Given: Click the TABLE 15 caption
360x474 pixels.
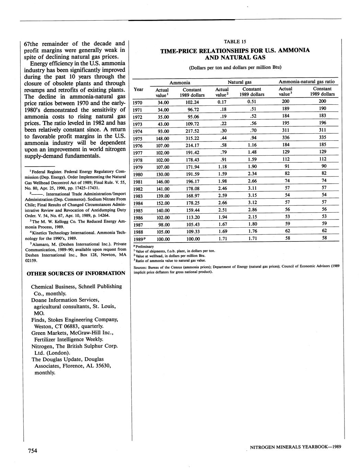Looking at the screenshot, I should click(235, 42).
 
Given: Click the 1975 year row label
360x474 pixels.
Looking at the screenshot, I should click(138, 139).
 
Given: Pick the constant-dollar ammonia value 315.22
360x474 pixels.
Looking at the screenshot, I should click(192, 139).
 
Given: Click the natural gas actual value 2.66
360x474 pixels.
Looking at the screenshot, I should click(222, 202).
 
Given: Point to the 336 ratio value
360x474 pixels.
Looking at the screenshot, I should click(286, 137).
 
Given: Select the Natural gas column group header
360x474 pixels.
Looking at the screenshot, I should click(240, 82).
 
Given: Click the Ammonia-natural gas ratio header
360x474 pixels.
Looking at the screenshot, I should click(306, 82).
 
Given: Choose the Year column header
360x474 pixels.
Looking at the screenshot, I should click(138, 89).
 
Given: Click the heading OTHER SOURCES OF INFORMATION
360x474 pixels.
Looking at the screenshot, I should click(76, 273).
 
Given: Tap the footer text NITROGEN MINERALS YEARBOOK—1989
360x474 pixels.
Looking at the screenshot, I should click(295, 447).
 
